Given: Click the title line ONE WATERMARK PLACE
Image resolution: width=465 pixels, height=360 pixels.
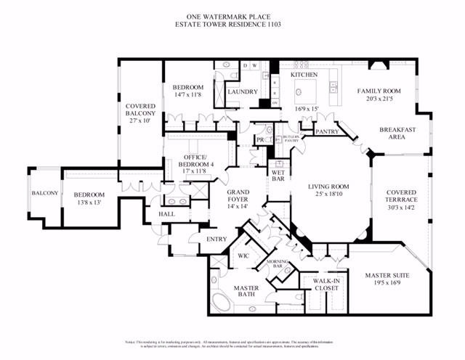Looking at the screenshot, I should click(x=232, y=15).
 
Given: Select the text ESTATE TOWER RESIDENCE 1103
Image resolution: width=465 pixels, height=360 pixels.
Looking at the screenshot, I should click(x=232, y=24).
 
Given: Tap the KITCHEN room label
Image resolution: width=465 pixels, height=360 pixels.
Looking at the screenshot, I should click(x=304, y=75).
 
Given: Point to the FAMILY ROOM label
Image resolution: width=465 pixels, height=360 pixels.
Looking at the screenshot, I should click(x=379, y=91).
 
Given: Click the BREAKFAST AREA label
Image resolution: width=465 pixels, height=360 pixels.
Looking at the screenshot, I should click(x=397, y=134).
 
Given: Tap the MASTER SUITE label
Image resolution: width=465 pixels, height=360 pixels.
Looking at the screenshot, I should click(x=387, y=275).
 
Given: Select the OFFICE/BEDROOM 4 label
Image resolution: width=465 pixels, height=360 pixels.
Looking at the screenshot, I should click(x=194, y=162).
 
